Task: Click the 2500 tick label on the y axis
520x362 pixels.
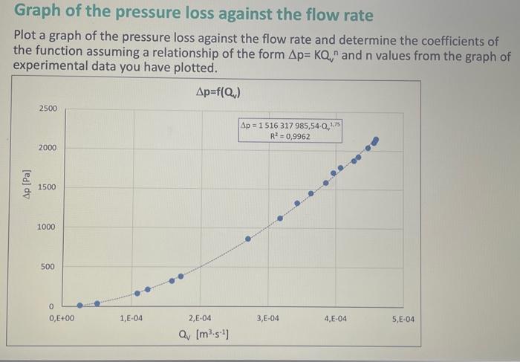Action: pyautogui.click(x=48, y=109)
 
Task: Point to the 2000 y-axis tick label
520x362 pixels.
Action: pyautogui.click(x=48, y=148)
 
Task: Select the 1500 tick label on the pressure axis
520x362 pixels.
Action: pyautogui.click(x=48, y=187)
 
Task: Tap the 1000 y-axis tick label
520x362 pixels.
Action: pyautogui.click(x=48, y=227)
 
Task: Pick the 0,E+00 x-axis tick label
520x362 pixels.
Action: pyautogui.click(x=62, y=319)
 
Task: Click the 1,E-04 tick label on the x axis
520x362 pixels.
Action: pyautogui.click(x=131, y=319)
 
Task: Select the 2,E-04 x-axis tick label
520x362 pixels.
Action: pyautogui.click(x=200, y=319)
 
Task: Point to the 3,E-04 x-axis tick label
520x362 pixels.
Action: pyautogui.click(x=268, y=319)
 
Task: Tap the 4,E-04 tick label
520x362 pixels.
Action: pyautogui.click(x=336, y=319)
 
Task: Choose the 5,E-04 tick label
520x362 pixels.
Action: pyautogui.click(x=403, y=319)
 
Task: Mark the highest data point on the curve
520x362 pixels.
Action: pyautogui.click(x=375, y=140)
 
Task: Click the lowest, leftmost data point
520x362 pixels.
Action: pyautogui.click(x=80, y=305)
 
